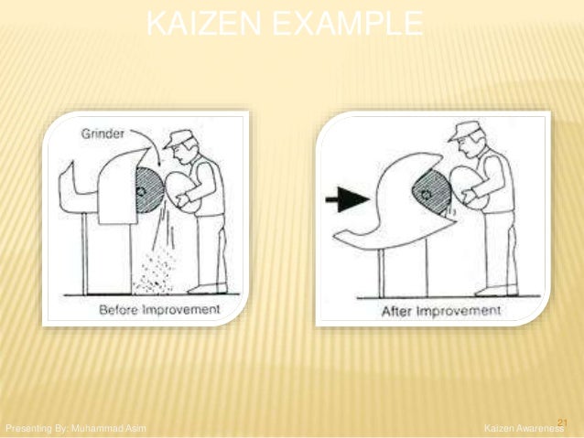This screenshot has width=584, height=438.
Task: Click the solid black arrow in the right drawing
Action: click(346, 198)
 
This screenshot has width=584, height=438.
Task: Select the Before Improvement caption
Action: click(159, 309)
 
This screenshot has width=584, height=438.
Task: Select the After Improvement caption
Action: click(441, 311)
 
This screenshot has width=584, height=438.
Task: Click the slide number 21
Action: click(562, 420)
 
